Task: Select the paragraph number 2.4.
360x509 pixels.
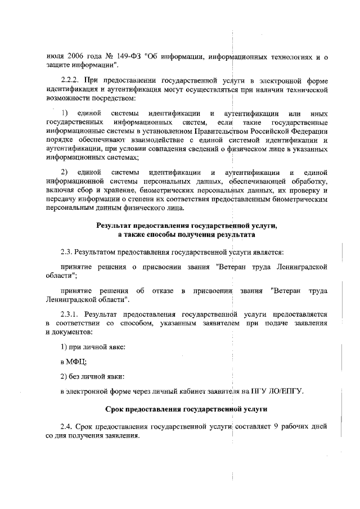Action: pyautogui.click(x=67, y=426)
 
